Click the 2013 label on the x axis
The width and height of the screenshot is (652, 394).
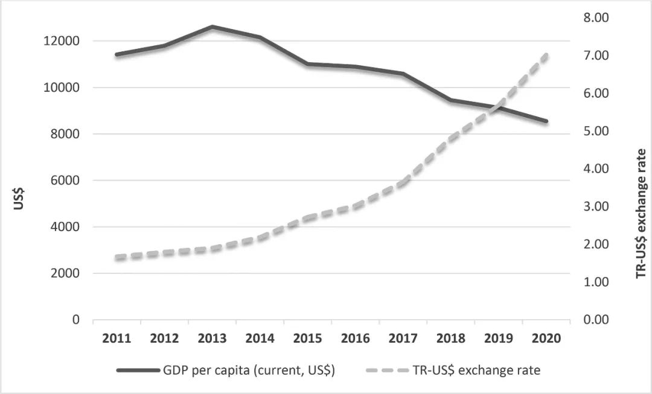click(x=212, y=338)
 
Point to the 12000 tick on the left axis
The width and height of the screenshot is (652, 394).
click(x=63, y=41)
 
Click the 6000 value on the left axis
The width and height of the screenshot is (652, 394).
click(x=66, y=180)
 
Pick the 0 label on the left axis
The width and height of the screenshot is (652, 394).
click(x=76, y=320)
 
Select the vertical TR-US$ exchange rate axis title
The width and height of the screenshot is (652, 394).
click(x=641, y=214)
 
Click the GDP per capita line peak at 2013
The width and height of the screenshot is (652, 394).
click(x=212, y=27)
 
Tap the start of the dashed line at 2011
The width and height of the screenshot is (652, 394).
click(x=117, y=258)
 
